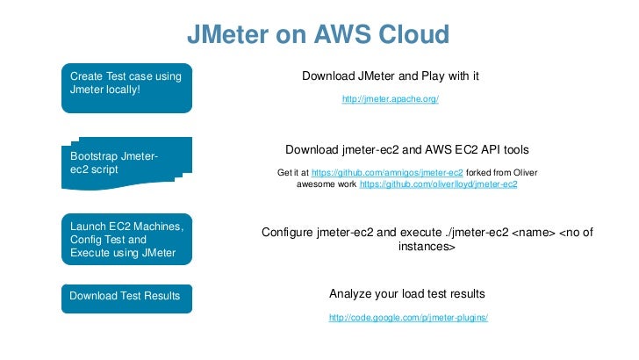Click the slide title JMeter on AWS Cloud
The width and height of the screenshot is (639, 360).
pos(319,34)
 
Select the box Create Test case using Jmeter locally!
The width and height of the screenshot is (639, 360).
pos(125,86)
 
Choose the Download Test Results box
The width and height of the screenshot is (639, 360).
pos(125,296)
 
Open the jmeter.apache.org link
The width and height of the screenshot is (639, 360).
pos(390,99)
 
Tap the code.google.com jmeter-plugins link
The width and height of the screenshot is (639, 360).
pos(407,317)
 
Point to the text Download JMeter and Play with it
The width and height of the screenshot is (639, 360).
pos(390,77)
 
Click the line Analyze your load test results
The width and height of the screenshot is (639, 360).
pos(406,293)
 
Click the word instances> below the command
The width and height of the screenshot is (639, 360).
pos(426,248)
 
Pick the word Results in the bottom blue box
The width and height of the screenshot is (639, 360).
pos(160,296)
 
